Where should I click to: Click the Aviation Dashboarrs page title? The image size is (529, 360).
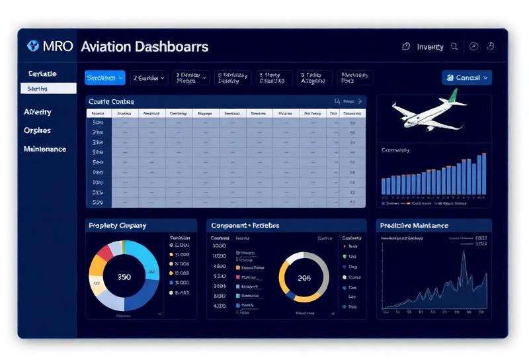[144, 46]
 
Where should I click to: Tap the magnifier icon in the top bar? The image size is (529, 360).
[454, 46]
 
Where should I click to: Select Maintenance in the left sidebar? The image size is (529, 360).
[45, 149]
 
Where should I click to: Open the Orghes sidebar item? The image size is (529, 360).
[37, 130]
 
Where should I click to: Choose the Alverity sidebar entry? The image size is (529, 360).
[38, 112]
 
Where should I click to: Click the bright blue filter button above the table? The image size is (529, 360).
[105, 78]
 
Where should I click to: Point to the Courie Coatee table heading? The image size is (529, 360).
[112, 101]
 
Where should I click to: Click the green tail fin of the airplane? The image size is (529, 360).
[452, 97]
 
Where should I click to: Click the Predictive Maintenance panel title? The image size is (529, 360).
[414, 226]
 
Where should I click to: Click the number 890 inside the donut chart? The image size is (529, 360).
[124, 278]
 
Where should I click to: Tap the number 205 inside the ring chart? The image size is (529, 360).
[304, 279]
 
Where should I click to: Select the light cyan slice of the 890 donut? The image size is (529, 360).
[142, 258]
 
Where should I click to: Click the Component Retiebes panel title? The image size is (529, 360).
[245, 226]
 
